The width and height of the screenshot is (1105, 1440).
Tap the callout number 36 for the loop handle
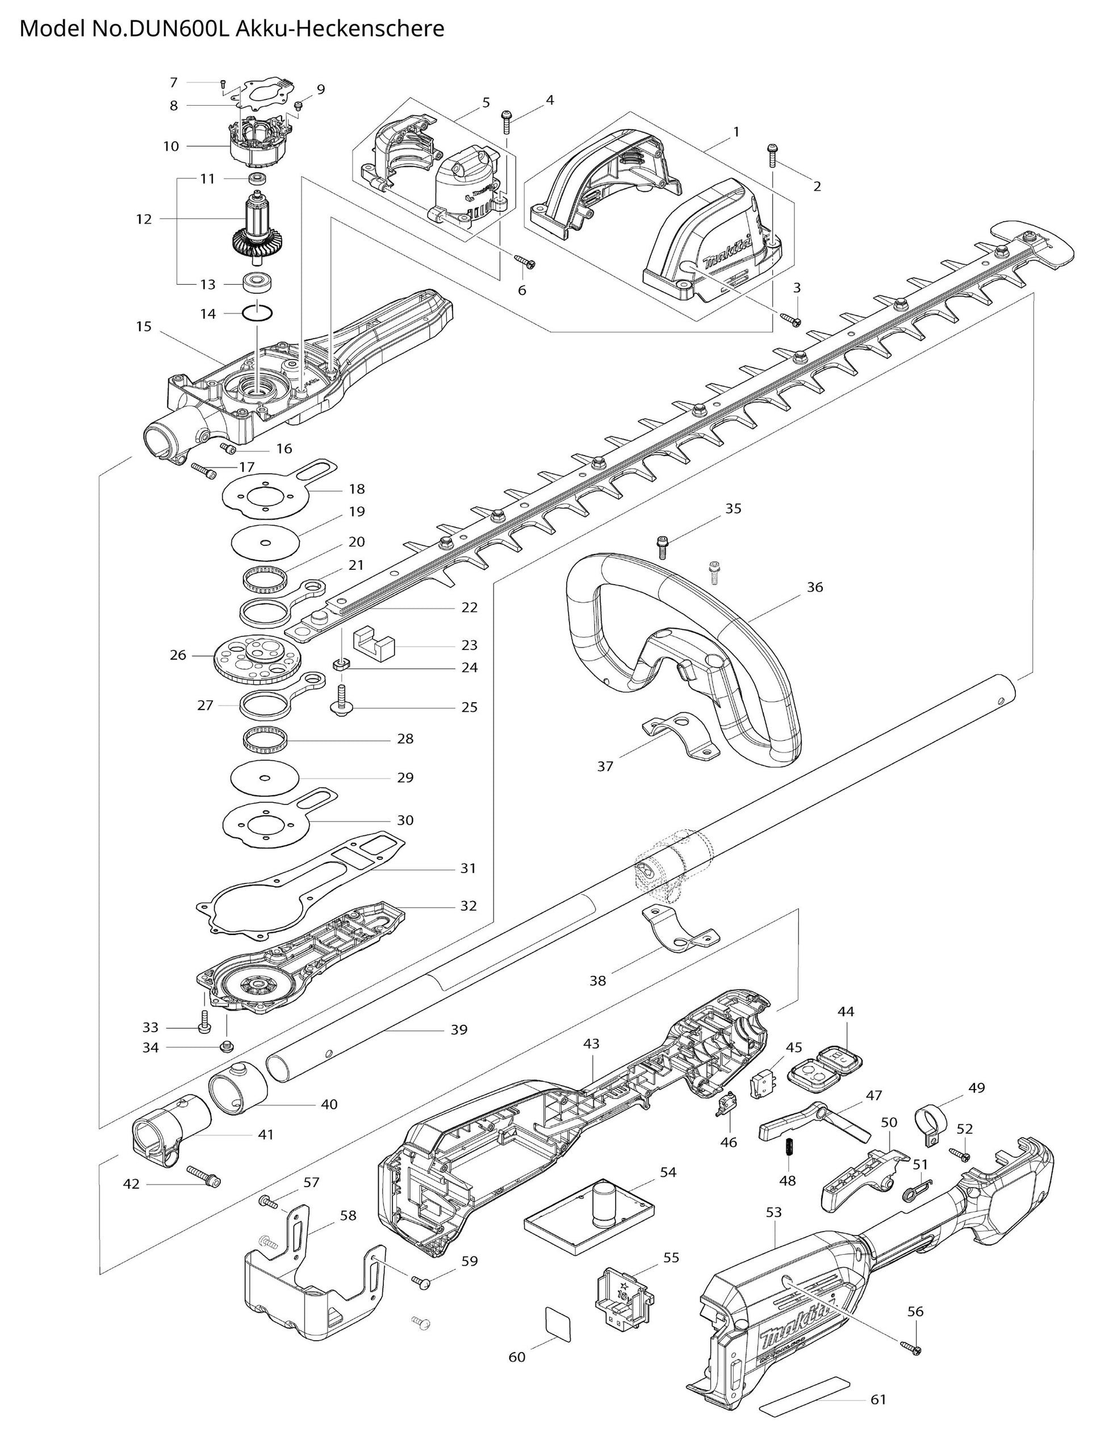pos(814,587)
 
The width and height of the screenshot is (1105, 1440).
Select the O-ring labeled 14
pos(257,312)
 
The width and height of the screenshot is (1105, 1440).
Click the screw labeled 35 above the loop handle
pos(662,548)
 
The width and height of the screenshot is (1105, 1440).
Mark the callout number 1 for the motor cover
pos(736,132)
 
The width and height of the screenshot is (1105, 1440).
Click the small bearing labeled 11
pos(257,179)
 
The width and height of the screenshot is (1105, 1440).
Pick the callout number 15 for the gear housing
pos(144,326)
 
